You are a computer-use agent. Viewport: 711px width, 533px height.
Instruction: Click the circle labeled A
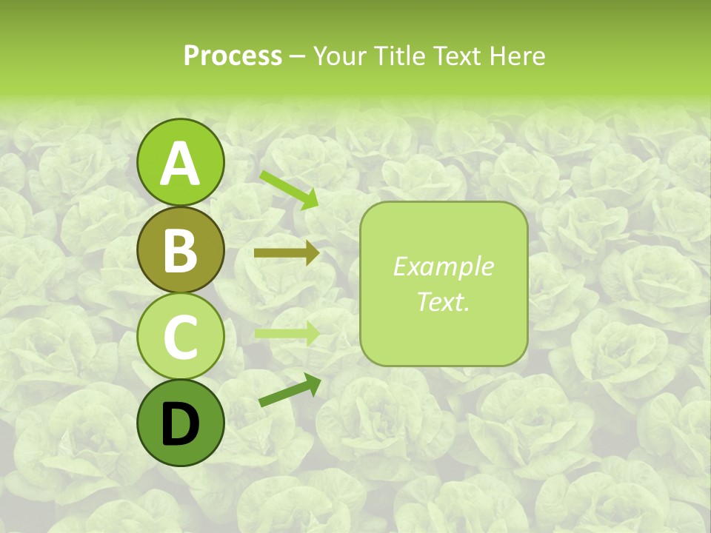180,163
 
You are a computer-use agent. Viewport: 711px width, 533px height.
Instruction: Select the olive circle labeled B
180,249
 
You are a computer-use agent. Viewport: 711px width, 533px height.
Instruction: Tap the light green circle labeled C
180,337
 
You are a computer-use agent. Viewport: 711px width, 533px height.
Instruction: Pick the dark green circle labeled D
180,423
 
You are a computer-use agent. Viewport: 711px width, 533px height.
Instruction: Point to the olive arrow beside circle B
287,253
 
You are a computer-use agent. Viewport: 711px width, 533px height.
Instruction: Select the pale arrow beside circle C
287,333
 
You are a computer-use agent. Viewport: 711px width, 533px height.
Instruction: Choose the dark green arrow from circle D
290,390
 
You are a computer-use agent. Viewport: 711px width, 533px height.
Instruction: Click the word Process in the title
233,56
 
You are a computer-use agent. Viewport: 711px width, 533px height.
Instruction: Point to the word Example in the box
444,266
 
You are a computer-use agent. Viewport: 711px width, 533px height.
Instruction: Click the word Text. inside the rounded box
444,301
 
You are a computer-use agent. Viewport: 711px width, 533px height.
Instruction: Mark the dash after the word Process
298,57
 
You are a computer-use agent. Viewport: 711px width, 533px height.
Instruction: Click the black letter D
180,424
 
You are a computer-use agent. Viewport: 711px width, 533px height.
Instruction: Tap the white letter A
180,164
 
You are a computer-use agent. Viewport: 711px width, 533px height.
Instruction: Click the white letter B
180,250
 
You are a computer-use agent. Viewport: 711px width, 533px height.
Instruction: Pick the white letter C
180,338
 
